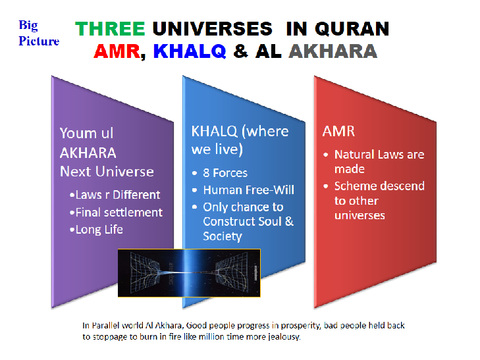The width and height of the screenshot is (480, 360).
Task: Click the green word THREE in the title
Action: pyautogui.click(x=110, y=29)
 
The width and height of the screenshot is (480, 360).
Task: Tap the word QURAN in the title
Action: pyautogui.click(x=353, y=29)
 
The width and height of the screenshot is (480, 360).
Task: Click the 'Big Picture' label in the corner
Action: pyautogui.click(x=38, y=33)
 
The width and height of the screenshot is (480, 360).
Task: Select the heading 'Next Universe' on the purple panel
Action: pyautogui.click(x=107, y=172)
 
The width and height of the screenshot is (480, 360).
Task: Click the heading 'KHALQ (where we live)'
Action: pyautogui.click(x=240, y=140)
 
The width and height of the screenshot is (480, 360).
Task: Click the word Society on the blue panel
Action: pyautogui.click(x=223, y=236)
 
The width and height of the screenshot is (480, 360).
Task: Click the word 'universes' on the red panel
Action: pyautogui.click(x=360, y=215)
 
